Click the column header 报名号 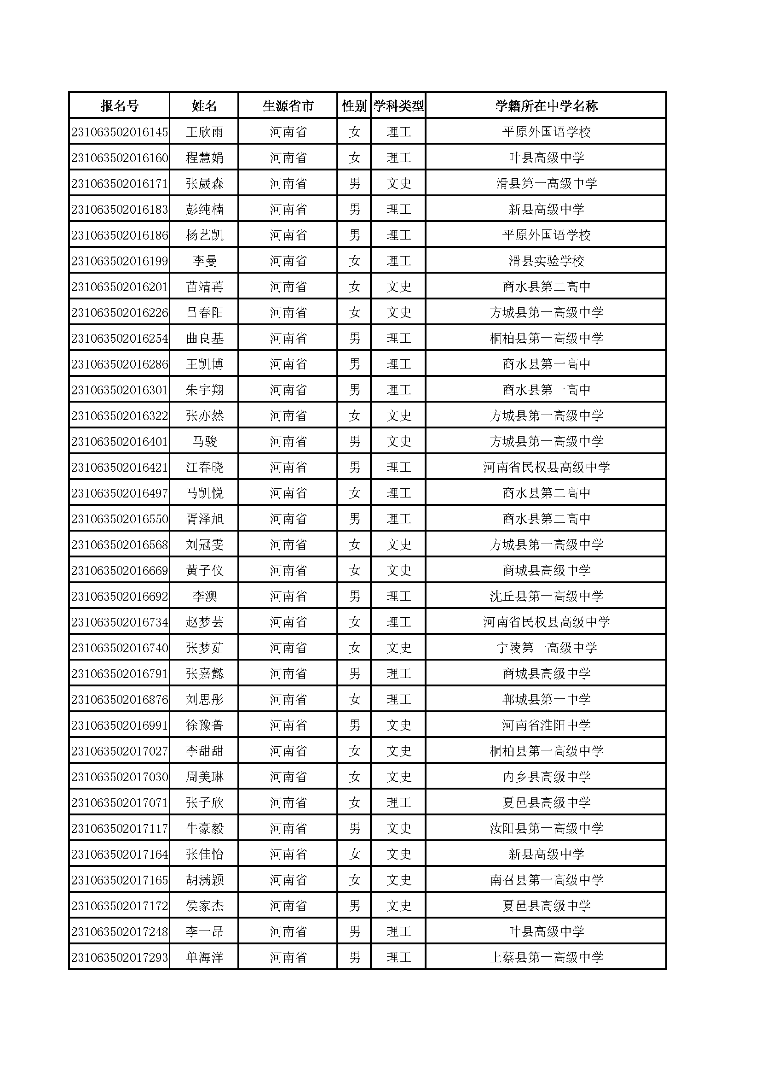click(120, 106)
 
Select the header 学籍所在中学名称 click(547, 106)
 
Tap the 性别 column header click(354, 106)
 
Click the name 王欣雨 click(204, 132)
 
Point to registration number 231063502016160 click(120, 158)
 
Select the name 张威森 click(204, 183)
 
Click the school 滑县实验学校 click(547, 261)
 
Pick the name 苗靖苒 click(204, 287)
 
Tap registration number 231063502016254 click(120, 338)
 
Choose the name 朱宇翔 click(204, 390)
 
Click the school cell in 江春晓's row click(547, 467)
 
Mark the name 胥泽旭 click(204, 519)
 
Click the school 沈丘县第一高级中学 click(547, 596)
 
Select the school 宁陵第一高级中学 click(547, 648)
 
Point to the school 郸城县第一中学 click(547, 699)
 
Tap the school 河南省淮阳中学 click(547, 725)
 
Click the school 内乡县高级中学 click(547, 777)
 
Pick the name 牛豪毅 click(204, 828)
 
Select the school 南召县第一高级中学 click(547, 880)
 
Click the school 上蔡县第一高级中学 click(547, 957)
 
